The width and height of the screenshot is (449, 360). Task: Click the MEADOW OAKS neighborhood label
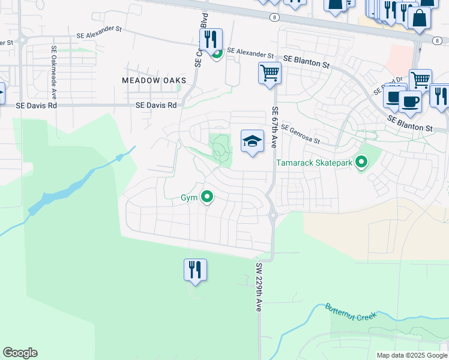[x=154, y=80]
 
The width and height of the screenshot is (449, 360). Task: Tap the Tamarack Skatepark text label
[x=313, y=163]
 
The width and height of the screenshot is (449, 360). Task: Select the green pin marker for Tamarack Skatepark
[x=361, y=162]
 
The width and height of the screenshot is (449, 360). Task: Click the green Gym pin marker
[x=207, y=196]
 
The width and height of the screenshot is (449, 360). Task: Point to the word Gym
[x=189, y=197]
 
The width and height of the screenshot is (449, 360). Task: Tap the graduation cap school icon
[x=253, y=142]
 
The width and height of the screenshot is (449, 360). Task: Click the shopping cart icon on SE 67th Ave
[x=270, y=74]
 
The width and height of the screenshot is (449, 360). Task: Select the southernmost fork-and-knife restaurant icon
[x=195, y=270]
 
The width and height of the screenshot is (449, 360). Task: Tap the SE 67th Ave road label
[x=275, y=127]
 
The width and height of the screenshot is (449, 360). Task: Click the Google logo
[x=20, y=353]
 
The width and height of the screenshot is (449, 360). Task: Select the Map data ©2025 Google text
[x=412, y=355]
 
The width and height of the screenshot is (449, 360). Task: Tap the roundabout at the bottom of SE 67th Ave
[x=272, y=214]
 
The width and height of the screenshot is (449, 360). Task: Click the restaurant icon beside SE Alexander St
[x=211, y=40]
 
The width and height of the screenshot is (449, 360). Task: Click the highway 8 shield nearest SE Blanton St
[x=436, y=40]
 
